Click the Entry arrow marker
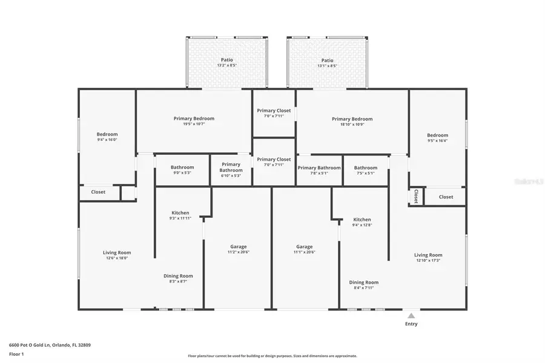click(411, 315)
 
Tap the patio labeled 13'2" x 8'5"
click(227, 63)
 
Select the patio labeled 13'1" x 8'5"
click(327, 63)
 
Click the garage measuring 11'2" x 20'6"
click(238, 249)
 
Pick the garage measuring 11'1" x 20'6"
click(304, 249)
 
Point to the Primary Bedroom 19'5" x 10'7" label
click(194, 122)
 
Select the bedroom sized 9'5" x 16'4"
click(437, 138)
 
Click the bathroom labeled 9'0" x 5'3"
click(182, 170)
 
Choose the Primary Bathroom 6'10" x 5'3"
click(231, 169)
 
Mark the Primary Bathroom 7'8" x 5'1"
click(319, 170)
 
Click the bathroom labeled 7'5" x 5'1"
click(365, 170)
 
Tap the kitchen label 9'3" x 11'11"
click(180, 215)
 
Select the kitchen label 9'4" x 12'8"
click(362, 222)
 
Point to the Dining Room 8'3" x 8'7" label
click(178, 278)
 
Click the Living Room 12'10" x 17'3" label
click(428, 258)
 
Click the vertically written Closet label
click(416, 197)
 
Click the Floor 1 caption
click(16, 355)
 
